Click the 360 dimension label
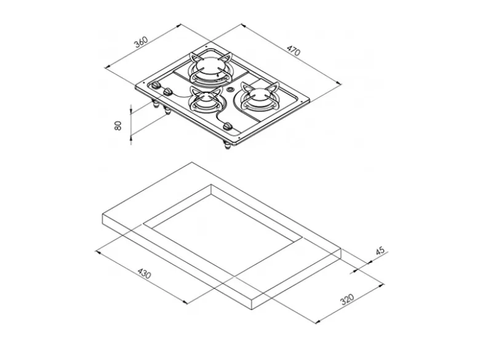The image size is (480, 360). tap(141, 42)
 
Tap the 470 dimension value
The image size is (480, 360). tap(294, 50)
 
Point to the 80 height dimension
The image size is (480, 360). tap(118, 125)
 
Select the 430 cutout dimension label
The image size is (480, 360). tap(144, 273)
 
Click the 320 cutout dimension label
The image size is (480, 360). tap(347, 299)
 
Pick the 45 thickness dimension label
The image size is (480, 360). tap(380, 251)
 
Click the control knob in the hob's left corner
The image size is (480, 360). tap(156, 85)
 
